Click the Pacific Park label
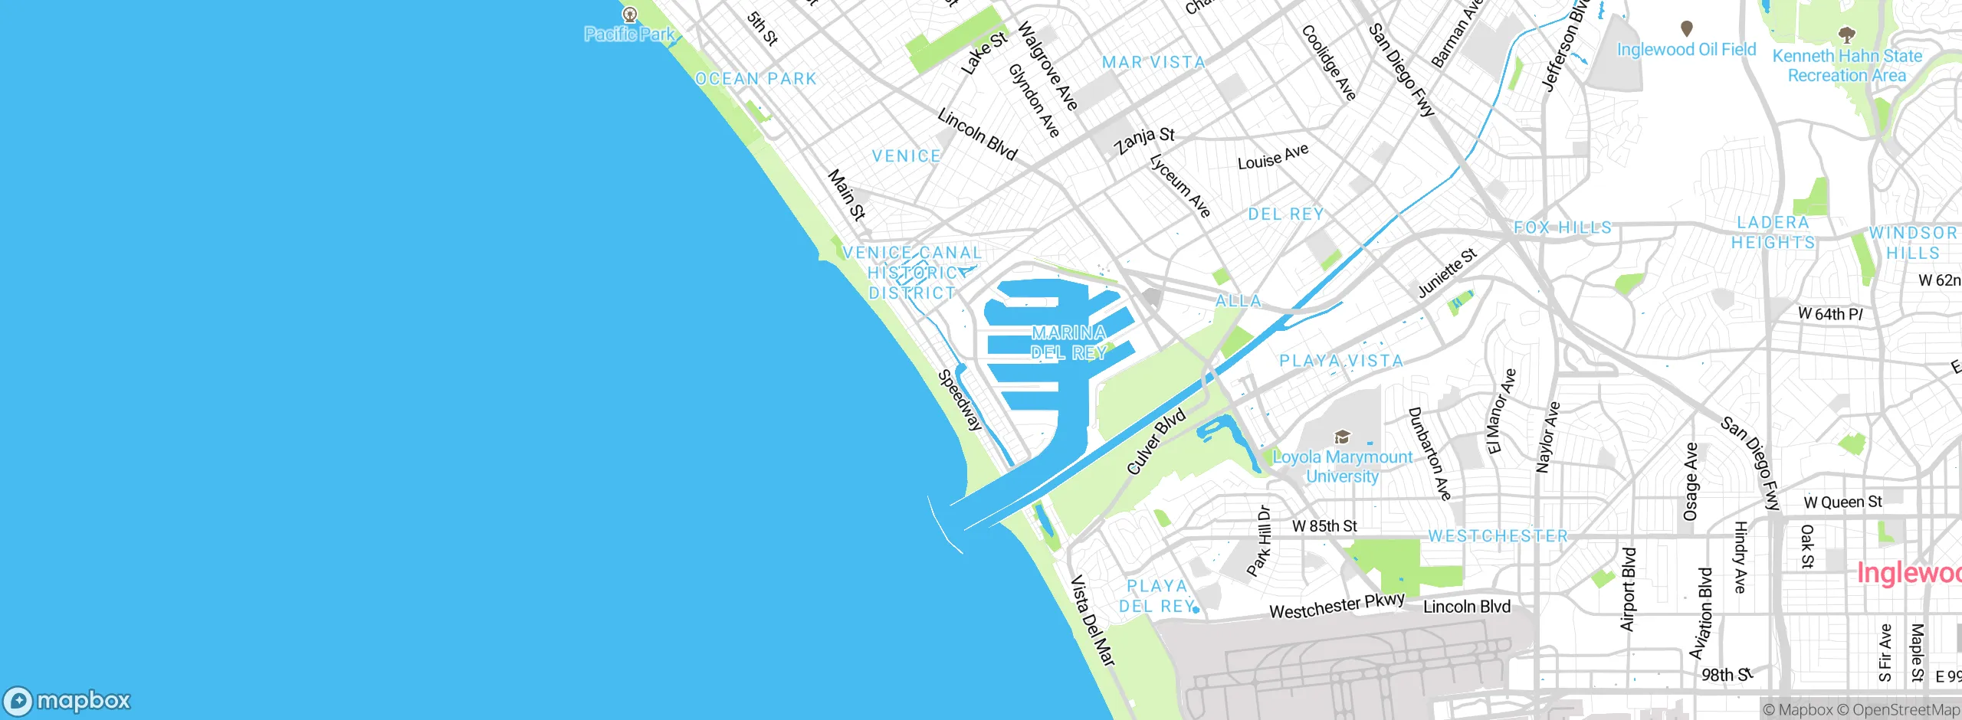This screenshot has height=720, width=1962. coord(629,34)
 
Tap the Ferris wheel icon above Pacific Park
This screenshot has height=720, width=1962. coord(630,14)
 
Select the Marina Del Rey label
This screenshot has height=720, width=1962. coord(1068,342)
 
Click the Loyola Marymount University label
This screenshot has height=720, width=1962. coord(1342,466)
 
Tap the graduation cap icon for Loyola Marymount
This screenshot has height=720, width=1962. coord(1342,437)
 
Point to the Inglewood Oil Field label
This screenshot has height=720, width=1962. coord(1686,50)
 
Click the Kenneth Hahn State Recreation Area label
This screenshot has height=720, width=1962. coord(1847,66)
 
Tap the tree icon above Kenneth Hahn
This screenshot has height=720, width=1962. coord(1847,34)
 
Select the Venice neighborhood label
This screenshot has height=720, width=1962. coord(906,156)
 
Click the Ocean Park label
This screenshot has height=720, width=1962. coord(756,79)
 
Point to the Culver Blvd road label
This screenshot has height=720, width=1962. coord(1157,441)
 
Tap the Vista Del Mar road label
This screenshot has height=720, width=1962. coord(1092,620)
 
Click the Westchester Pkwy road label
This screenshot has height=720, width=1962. coord(1337,606)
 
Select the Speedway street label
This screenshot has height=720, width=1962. coord(960,401)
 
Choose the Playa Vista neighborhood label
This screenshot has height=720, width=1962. coord(1341,361)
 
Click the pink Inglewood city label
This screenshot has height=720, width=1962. coord(1908,573)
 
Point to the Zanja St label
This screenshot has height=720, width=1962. coord(1144,140)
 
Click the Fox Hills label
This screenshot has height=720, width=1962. coord(1563,227)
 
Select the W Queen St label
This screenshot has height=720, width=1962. coord(1842,502)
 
